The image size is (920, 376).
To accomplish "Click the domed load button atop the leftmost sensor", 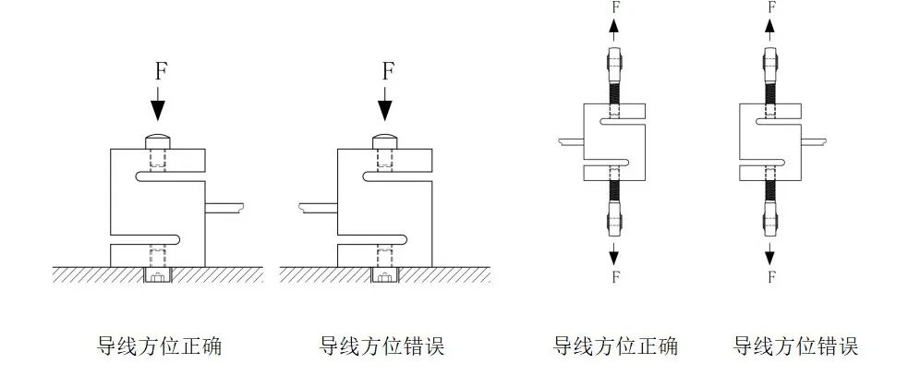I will pos(159,141).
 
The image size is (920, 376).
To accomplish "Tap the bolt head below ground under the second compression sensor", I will pos(384,274).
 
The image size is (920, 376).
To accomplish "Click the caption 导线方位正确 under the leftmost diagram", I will pos(159,346).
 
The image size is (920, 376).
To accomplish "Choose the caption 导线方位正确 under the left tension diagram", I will pos(615,346).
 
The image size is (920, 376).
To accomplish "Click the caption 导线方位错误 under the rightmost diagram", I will pos(795,346).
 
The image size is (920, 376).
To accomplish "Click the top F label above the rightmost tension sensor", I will pos(769,6).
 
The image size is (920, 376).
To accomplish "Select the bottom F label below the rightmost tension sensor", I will pos(769,275).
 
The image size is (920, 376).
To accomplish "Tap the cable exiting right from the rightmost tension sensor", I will pos(812,141).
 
